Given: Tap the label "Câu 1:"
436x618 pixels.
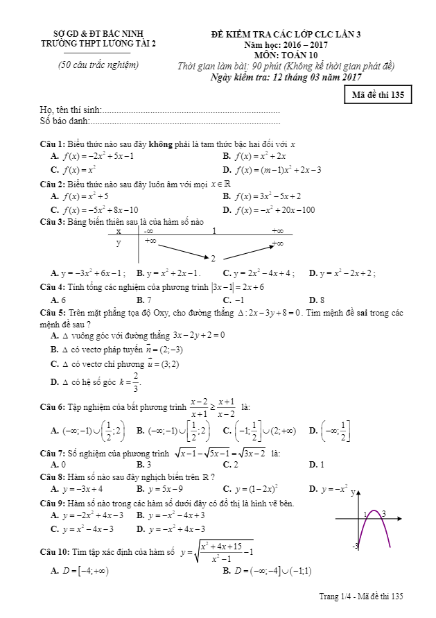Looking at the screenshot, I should pos(53,144).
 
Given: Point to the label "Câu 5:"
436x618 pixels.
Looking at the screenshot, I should pos(53,313).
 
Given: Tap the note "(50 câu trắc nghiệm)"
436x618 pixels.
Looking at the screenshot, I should pos(98,66).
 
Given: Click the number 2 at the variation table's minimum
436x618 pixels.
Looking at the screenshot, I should pos(213,258).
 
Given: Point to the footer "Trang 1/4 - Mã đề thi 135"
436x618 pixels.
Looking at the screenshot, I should pos(361,596).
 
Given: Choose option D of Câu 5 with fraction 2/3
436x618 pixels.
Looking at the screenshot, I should pos(97,381).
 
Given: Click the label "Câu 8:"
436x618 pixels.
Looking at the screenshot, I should pos(53,477).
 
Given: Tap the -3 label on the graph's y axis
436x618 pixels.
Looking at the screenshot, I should pos(355,547).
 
